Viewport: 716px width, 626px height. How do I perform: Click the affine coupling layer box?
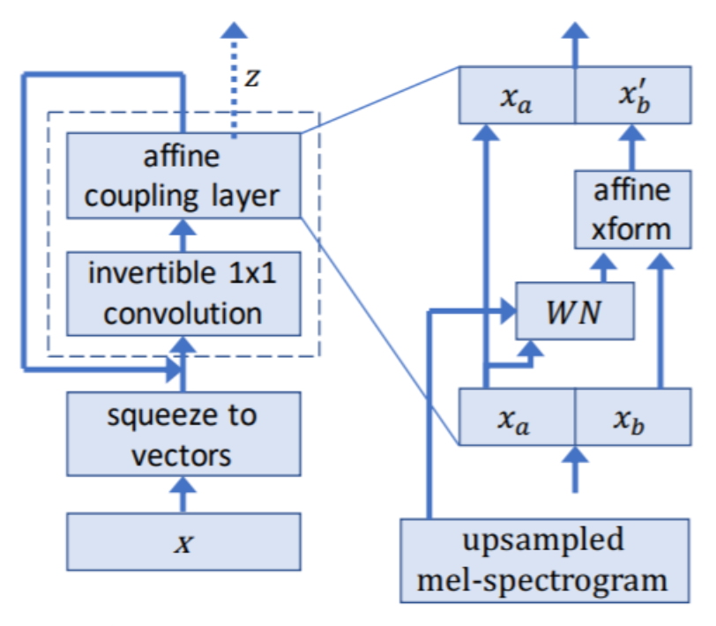pos(183,175)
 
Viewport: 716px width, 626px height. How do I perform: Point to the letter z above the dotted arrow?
pos(253,78)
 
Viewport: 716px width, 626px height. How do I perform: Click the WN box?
pos(574,310)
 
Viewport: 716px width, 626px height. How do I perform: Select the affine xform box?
pos(631,211)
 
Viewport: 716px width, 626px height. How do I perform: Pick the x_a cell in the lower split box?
pos(517,419)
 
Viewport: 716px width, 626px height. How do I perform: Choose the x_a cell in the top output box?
pos(517,94)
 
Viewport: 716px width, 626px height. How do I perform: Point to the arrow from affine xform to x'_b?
pos(631,146)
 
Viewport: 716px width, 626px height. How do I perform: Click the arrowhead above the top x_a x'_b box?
pos(575,34)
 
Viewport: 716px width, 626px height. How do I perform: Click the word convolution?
pos(183,313)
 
